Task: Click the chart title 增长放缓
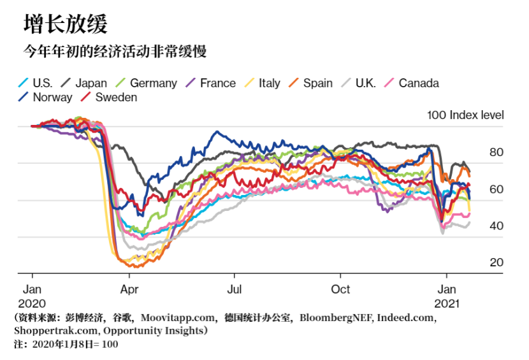(66, 24)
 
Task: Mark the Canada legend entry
(418, 83)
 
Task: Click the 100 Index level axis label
(465, 115)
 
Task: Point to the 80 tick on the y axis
(496, 152)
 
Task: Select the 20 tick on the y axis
(496, 263)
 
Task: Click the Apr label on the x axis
(129, 289)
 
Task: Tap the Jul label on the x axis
(234, 289)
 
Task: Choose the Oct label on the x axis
(340, 289)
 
